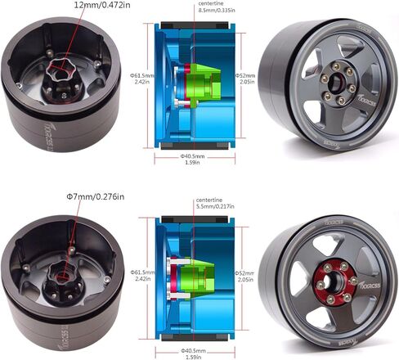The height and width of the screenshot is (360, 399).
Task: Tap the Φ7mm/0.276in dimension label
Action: (95, 196)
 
